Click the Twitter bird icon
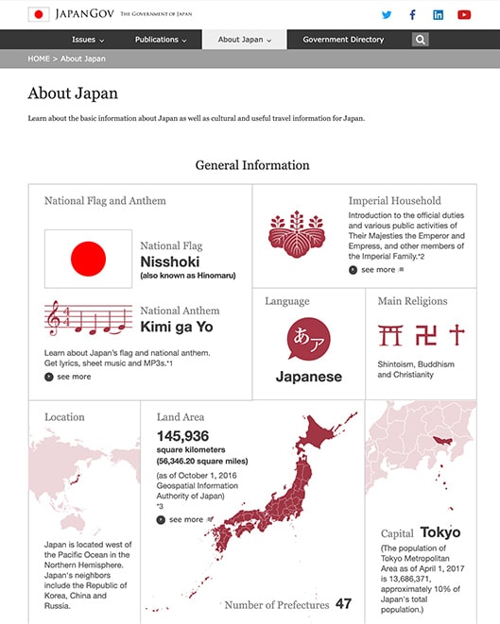click(x=387, y=14)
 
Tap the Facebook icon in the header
click(x=412, y=14)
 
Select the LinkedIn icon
click(x=438, y=14)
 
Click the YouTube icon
click(x=464, y=14)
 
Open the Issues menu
click(x=88, y=40)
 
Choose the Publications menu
click(x=161, y=40)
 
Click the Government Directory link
click(x=343, y=40)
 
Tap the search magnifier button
click(x=421, y=40)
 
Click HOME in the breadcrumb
click(x=39, y=59)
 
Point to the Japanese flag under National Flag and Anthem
click(x=88, y=258)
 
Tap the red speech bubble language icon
click(x=309, y=338)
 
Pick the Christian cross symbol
click(x=457, y=334)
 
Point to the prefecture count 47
click(x=343, y=603)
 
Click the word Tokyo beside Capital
click(x=440, y=532)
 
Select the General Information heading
click(x=252, y=165)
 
